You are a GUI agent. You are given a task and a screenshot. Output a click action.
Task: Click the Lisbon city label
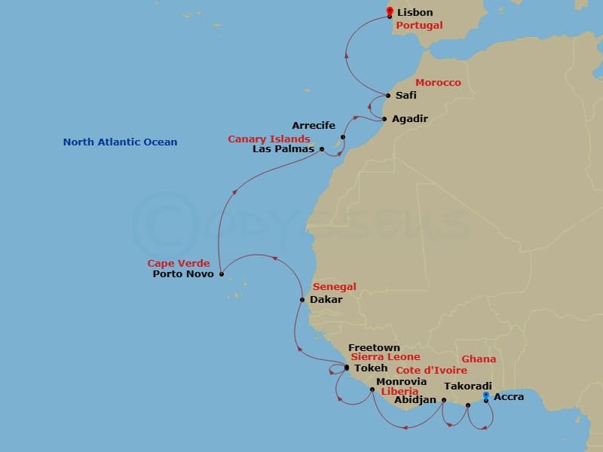[x=415, y=12]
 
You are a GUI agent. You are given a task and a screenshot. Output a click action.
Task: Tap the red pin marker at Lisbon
[x=389, y=11]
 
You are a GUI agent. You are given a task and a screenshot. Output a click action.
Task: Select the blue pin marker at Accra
[x=486, y=395]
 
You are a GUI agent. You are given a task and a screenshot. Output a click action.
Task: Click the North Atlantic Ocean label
[x=121, y=142]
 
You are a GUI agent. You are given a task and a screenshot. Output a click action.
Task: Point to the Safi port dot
[x=388, y=96]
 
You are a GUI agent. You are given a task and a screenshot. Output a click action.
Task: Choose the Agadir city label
[x=411, y=119]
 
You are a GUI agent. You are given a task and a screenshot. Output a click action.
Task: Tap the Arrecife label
[x=314, y=125]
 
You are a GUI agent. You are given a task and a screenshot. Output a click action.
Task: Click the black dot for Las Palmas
[x=323, y=149]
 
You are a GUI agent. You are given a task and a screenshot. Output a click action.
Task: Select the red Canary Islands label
[x=269, y=139]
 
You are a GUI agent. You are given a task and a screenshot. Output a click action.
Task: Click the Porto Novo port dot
[x=221, y=274]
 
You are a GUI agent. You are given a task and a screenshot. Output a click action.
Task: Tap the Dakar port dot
[x=302, y=300]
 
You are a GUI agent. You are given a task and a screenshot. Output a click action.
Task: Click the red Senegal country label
[x=334, y=287]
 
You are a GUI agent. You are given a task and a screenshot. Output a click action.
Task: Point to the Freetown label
[x=374, y=348]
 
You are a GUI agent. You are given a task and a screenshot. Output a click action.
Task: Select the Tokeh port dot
[x=346, y=368]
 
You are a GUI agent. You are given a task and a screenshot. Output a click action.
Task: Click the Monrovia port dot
[x=372, y=389]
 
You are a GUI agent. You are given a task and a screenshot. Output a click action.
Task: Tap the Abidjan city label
[x=415, y=399]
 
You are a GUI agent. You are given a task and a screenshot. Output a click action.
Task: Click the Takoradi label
[x=468, y=386]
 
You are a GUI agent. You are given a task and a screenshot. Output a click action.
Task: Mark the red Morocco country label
[x=438, y=82]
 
